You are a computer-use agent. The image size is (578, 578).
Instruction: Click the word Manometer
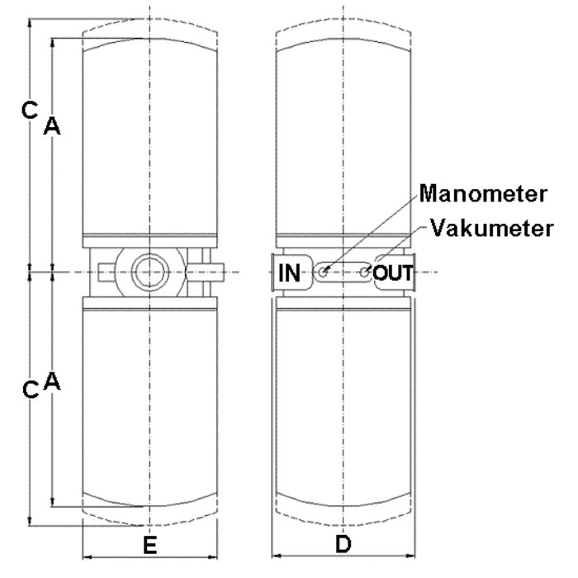(x=484, y=195)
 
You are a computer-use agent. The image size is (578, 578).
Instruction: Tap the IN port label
(x=290, y=272)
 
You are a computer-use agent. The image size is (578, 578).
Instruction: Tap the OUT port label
(x=393, y=272)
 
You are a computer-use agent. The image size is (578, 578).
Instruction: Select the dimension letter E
(x=149, y=545)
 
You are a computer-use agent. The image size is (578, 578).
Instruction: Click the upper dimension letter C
(x=29, y=108)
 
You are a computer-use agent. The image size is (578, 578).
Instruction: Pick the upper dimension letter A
(x=52, y=126)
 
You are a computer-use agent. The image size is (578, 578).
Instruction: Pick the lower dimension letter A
(x=52, y=381)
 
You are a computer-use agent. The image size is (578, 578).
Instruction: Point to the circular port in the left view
(x=149, y=271)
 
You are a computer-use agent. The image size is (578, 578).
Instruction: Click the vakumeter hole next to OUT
(x=364, y=271)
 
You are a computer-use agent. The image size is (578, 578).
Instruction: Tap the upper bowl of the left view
(x=149, y=140)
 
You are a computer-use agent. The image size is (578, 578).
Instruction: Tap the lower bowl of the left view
(x=149, y=405)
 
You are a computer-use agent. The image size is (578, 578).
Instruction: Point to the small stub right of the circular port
(x=211, y=271)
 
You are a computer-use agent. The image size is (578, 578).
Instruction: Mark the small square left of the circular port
(x=103, y=271)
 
